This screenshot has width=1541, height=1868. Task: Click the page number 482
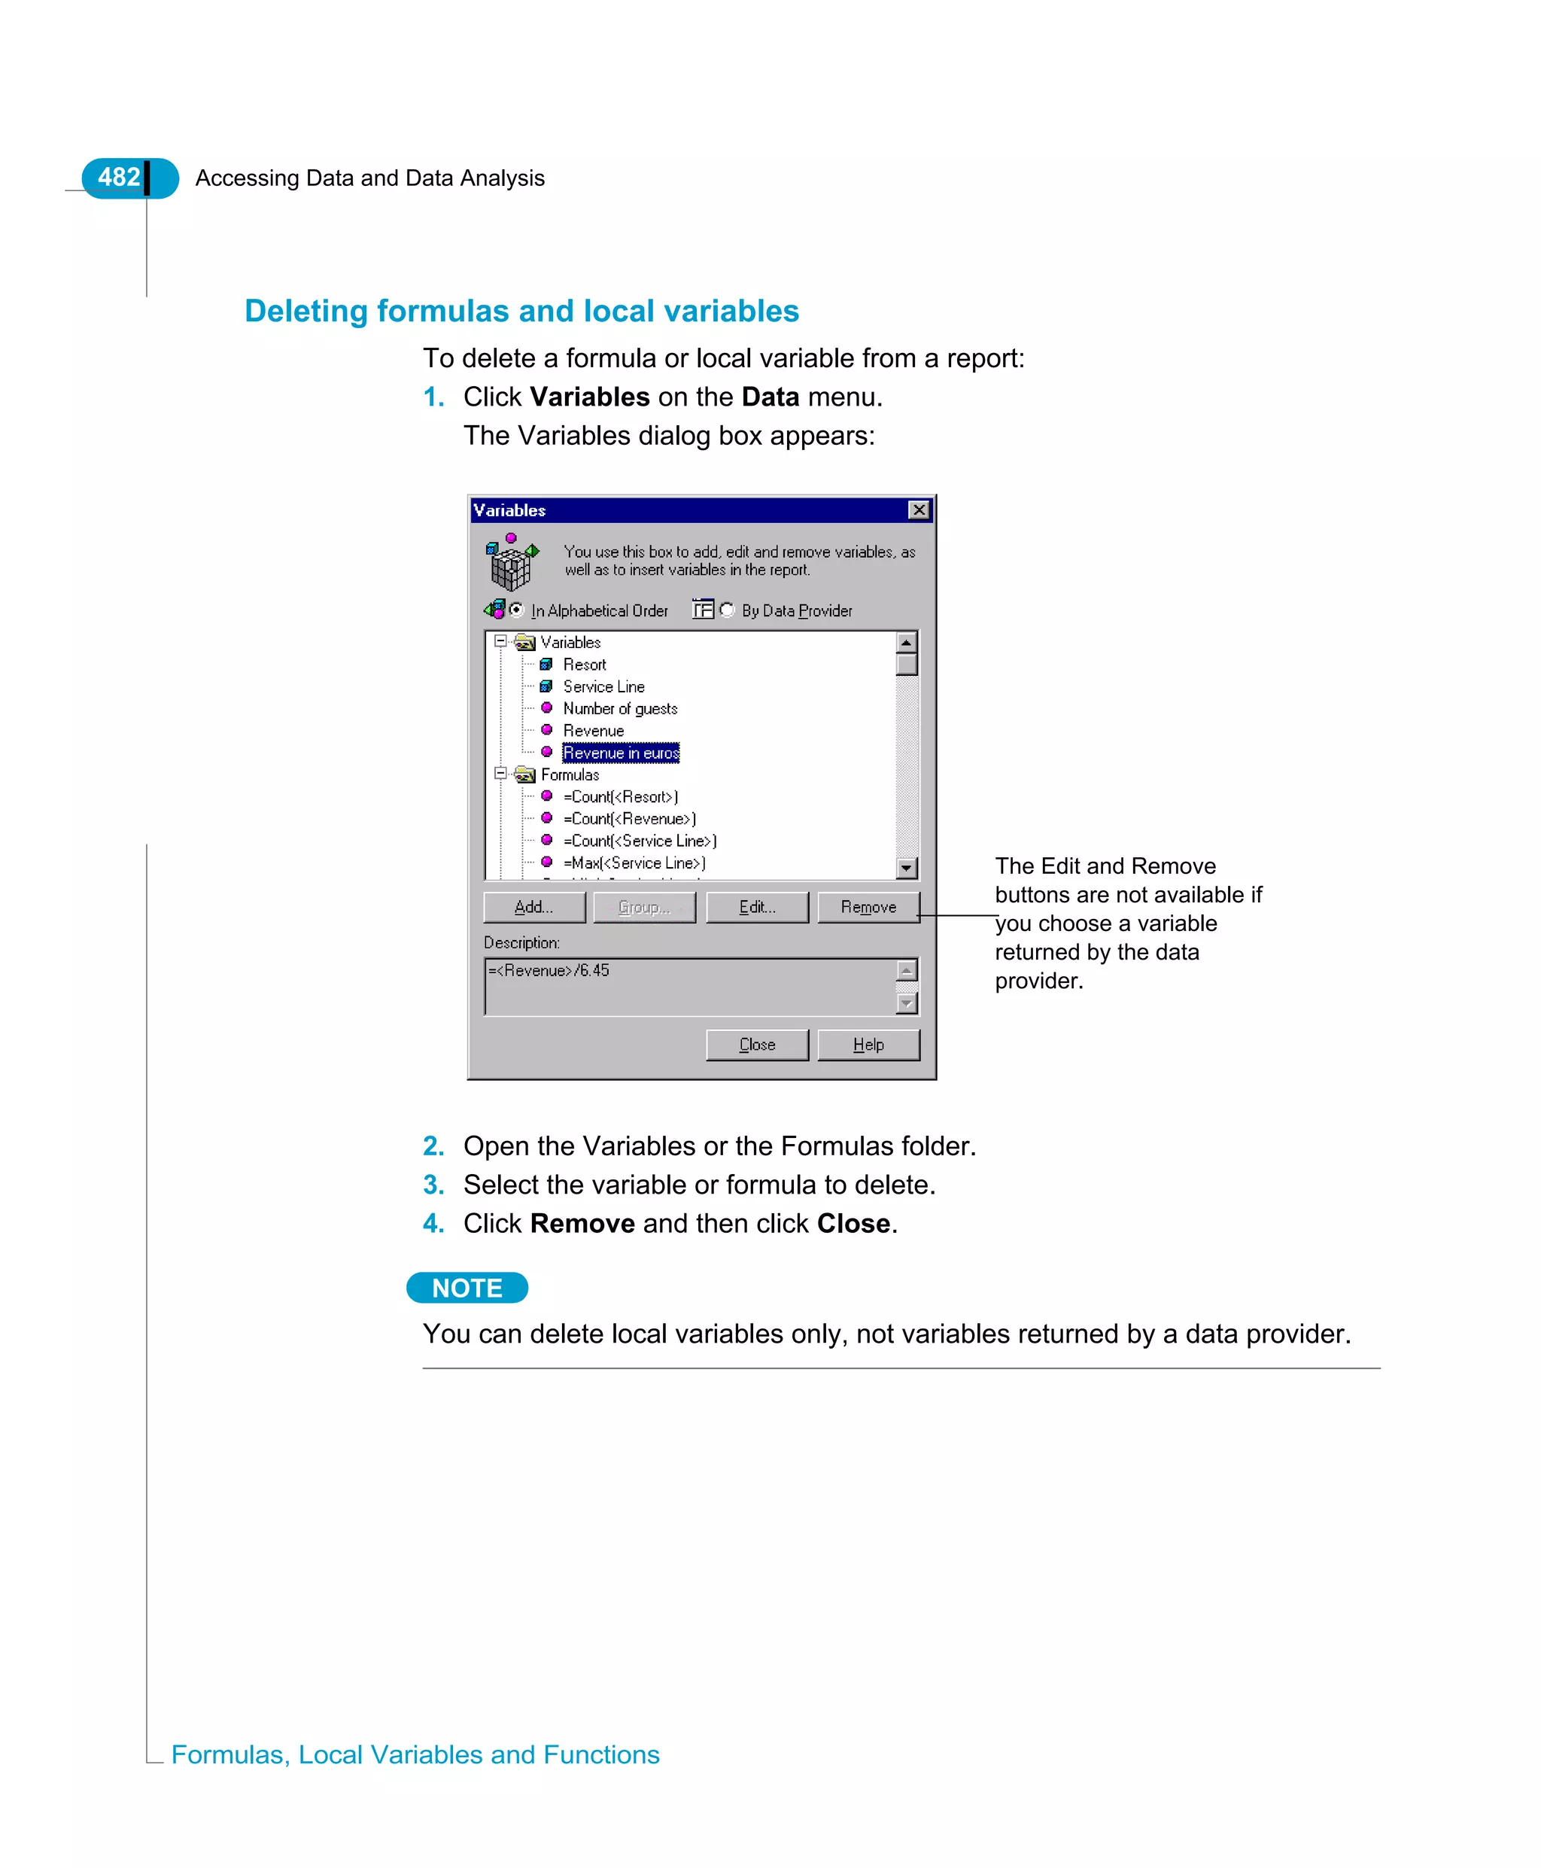pyautogui.click(x=119, y=178)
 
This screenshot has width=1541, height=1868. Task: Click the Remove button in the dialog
pyautogui.click(x=868, y=906)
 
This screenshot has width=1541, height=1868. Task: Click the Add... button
pyautogui.click(x=533, y=906)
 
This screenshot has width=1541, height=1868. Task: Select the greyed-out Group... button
pyautogui.click(x=643, y=906)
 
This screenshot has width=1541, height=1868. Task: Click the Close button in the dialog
pyautogui.click(x=756, y=1044)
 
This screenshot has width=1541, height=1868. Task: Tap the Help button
pyautogui.click(x=868, y=1044)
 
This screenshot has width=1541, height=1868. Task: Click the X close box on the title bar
pyautogui.click(x=919, y=510)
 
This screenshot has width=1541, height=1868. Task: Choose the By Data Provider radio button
pyautogui.click(x=727, y=609)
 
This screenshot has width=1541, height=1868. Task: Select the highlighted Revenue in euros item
pyautogui.click(x=621, y=753)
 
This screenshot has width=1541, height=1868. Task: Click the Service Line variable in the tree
pyautogui.click(x=603, y=686)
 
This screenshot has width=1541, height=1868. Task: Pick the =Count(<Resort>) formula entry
pyautogui.click(x=621, y=796)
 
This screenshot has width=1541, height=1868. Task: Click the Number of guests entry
pyautogui.click(x=619, y=708)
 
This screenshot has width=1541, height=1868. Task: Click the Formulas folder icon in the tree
pyautogui.click(x=525, y=774)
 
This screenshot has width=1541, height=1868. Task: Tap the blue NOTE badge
pyautogui.click(x=467, y=1288)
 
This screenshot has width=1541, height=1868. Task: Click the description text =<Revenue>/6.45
pyautogui.click(x=549, y=970)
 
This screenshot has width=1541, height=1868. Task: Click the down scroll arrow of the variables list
pyautogui.click(x=906, y=868)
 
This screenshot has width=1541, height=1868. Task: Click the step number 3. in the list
pyautogui.click(x=433, y=1185)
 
